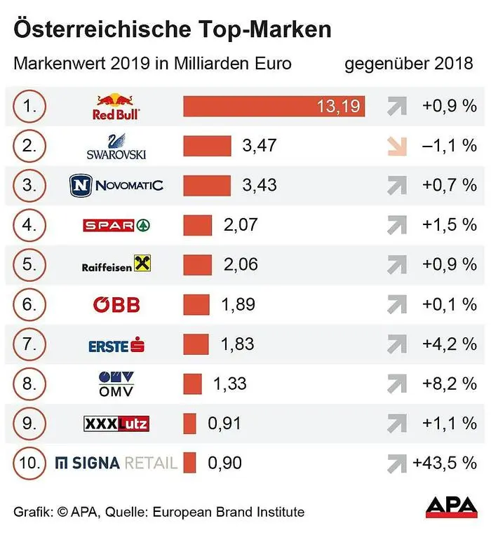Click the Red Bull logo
point(116,106)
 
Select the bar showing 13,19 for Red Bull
point(274,107)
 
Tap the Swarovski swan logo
point(116,146)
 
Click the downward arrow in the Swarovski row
point(397,146)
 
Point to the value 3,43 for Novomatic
point(259,185)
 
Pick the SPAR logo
point(116,225)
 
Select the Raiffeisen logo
point(116,264)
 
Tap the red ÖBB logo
point(116,304)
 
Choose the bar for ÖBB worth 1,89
point(196,304)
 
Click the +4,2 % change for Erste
point(449,344)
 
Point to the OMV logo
point(116,384)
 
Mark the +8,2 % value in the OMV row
point(449,384)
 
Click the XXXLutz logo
point(116,424)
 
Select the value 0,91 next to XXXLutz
point(224,424)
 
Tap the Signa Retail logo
point(116,463)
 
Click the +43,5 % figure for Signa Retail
point(445,463)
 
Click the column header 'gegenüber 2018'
point(409,65)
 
